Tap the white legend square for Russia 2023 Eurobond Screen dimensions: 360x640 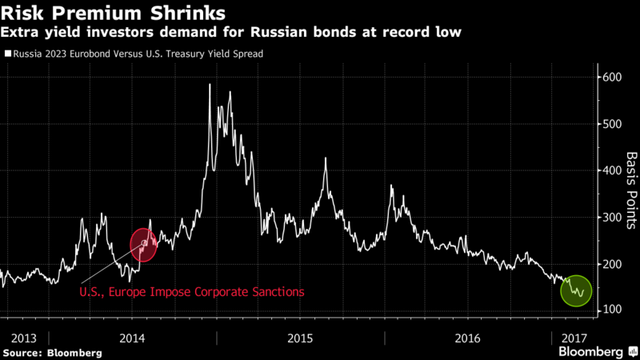7,54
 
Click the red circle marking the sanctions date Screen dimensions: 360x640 145,243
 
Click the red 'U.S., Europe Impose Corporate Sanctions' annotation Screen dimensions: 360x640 191,292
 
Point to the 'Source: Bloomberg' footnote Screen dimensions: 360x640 52,353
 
